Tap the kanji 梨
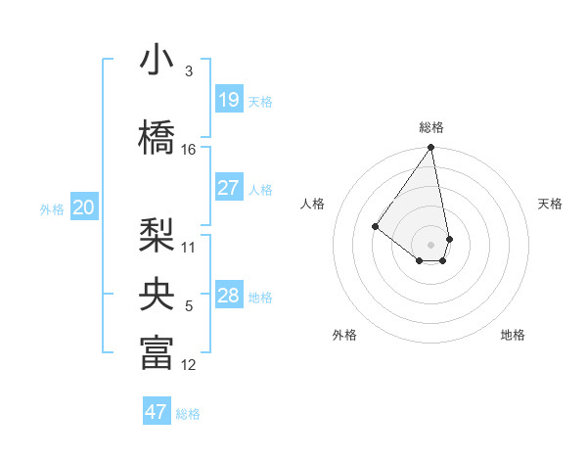click(x=157, y=235)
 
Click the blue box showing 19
click(x=228, y=100)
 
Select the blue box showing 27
click(x=228, y=188)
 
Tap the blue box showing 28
click(x=228, y=296)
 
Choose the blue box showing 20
click(x=84, y=207)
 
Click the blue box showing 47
click(x=157, y=412)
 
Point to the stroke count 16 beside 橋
click(x=189, y=150)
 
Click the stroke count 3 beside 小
click(x=189, y=71)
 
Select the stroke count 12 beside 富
click(x=189, y=365)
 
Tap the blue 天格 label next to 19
click(x=260, y=101)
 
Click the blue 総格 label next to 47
click(x=188, y=414)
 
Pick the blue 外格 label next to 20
click(x=52, y=208)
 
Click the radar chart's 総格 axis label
click(x=430, y=127)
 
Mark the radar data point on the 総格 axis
click(x=430, y=148)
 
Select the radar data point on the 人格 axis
click(x=375, y=226)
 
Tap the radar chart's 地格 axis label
click(x=513, y=336)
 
